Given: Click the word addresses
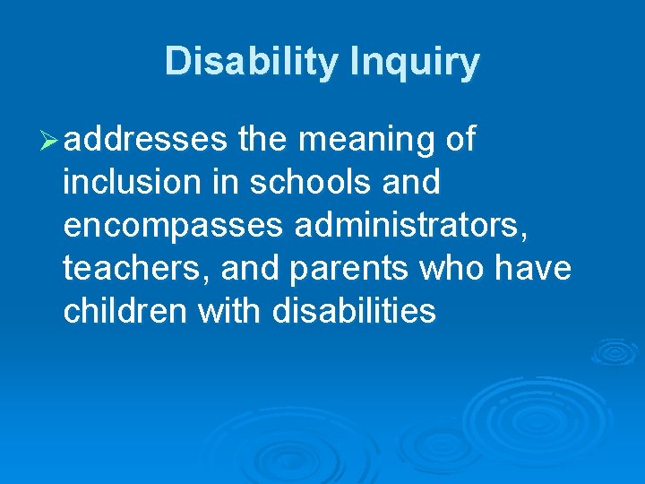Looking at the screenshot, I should pos(146,140).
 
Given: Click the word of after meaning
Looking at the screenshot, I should pos(460,140).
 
